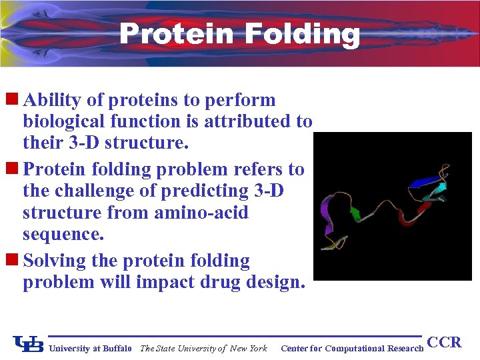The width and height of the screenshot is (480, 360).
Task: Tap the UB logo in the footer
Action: click(x=28, y=345)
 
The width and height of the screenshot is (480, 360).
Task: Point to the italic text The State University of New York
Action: click(x=203, y=348)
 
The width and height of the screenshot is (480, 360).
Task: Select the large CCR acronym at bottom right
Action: click(x=444, y=343)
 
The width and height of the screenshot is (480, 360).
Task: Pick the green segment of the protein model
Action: click(x=355, y=213)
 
